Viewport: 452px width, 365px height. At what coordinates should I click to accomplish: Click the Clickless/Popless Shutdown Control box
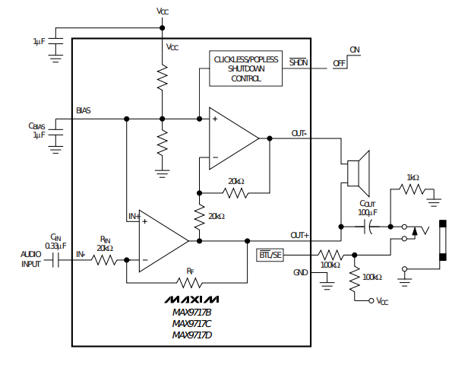coord(245,68)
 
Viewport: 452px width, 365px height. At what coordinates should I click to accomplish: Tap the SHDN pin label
coord(299,62)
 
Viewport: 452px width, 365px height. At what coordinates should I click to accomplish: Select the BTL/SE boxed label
coord(270,255)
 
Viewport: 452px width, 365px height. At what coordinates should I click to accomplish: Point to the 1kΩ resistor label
coord(412,178)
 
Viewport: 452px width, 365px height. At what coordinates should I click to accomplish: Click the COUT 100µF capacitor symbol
coord(368,227)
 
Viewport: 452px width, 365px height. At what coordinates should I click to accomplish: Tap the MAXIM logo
coord(191,300)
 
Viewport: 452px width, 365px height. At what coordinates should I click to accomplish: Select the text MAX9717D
coord(192,335)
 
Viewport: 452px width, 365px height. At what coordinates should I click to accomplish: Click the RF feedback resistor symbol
coord(189,283)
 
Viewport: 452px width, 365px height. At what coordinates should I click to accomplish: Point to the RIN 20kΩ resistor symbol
coord(104,260)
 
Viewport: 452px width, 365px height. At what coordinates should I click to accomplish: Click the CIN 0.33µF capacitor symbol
coord(55,260)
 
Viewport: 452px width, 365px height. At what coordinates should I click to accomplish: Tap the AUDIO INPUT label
coord(31,259)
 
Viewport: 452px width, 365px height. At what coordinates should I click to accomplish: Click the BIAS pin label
coord(84,110)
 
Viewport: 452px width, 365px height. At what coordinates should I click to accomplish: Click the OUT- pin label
coord(299,133)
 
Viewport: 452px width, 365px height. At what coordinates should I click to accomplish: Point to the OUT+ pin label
coord(299,236)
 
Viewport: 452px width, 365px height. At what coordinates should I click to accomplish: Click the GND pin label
coord(301,272)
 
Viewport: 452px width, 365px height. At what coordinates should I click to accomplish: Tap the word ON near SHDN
coord(355,50)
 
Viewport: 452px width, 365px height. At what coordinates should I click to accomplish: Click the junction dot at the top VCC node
coord(163,28)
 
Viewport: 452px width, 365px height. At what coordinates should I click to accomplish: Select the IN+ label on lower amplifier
coord(134,217)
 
